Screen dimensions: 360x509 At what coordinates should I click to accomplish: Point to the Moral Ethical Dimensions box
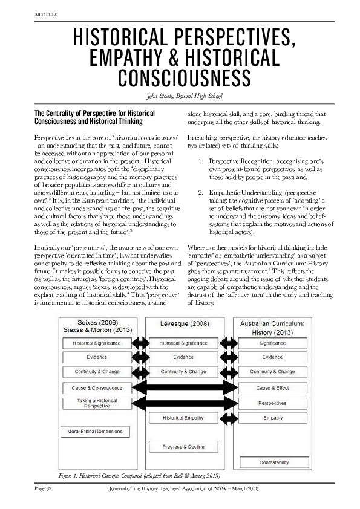(x=92, y=432)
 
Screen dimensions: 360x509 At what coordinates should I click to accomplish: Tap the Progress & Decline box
(x=183, y=447)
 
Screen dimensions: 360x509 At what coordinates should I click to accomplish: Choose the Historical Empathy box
(x=183, y=418)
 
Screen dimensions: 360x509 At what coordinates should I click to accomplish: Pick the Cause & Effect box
(x=272, y=387)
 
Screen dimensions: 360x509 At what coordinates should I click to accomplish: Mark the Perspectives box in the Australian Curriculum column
(x=272, y=403)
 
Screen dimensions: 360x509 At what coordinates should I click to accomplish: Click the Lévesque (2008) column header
(x=184, y=324)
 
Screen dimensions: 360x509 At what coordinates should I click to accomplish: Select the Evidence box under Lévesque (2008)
(x=183, y=357)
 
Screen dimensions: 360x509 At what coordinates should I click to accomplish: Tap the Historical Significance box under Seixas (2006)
(x=97, y=343)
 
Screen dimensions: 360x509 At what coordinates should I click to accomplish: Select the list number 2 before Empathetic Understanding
(x=201, y=192)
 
